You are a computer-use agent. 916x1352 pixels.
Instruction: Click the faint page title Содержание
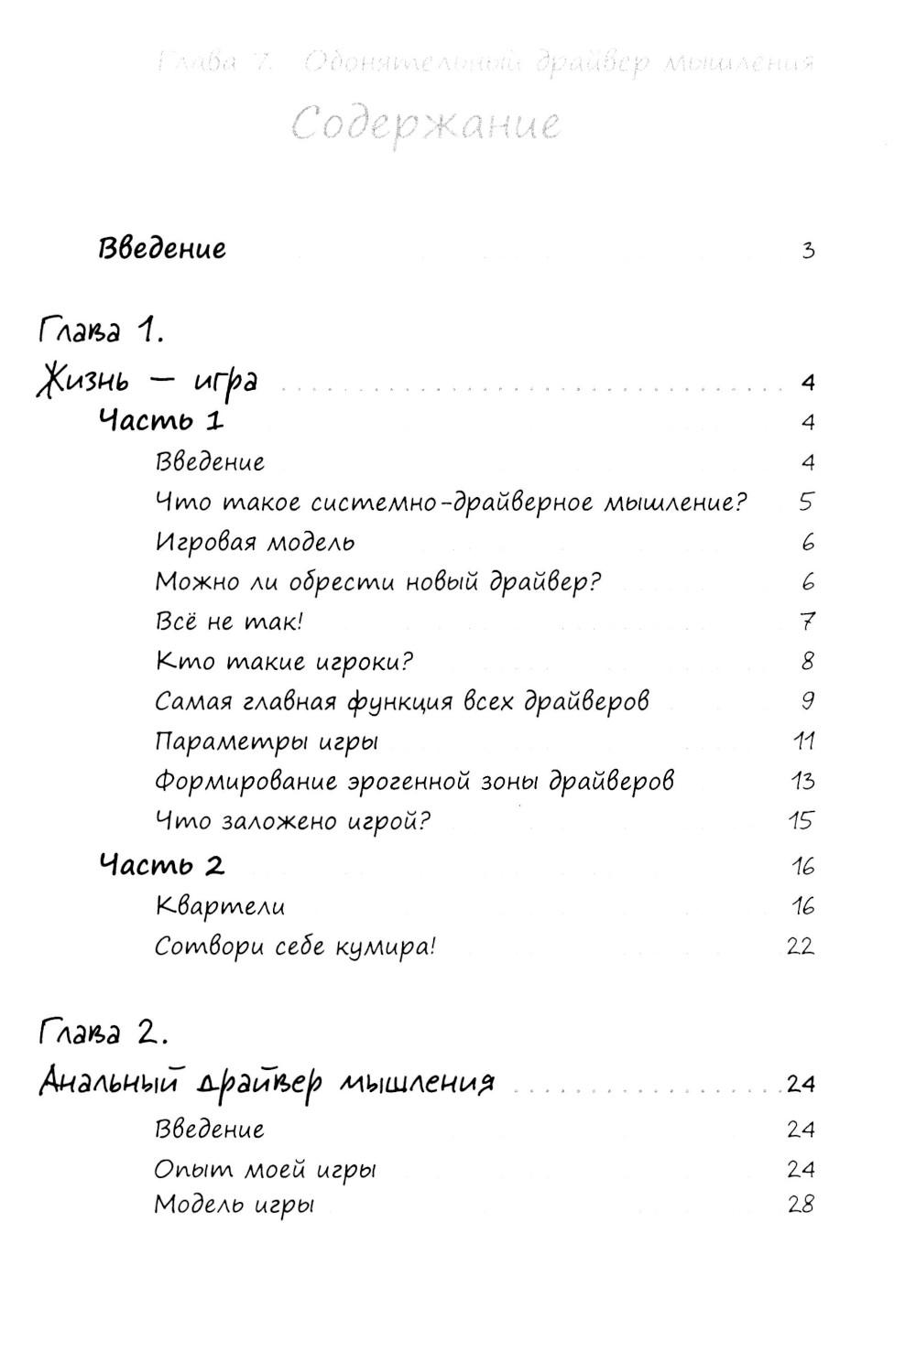click(427, 123)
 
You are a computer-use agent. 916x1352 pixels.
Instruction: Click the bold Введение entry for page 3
click(162, 248)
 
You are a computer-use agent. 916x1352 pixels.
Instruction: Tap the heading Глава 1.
click(101, 330)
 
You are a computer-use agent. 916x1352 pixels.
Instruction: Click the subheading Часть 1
click(161, 421)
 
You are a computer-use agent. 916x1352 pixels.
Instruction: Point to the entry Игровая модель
click(255, 542)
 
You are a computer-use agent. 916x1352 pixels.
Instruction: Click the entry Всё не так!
click(229, 622)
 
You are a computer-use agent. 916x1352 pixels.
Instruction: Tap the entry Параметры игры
click(267, 741)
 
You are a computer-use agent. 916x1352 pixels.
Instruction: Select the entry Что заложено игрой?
click(292, 820)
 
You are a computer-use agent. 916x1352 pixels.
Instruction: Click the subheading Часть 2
click(162, 865)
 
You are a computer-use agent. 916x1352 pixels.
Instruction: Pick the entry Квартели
click(220, 906)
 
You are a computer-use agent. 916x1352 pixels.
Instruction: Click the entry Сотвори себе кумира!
click(295, 946)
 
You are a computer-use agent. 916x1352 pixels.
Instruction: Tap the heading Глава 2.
click(103, 1034)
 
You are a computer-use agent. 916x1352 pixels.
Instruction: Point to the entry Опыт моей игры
click(266, 1169)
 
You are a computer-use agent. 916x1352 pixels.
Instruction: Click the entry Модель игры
click(234, 1204)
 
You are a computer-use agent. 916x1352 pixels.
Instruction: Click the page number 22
click(800, 946)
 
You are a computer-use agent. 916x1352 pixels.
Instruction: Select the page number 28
click(800, 1205)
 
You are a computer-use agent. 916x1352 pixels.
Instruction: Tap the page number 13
click(802, 781)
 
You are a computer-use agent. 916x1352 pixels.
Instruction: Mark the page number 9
click(807, 701)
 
